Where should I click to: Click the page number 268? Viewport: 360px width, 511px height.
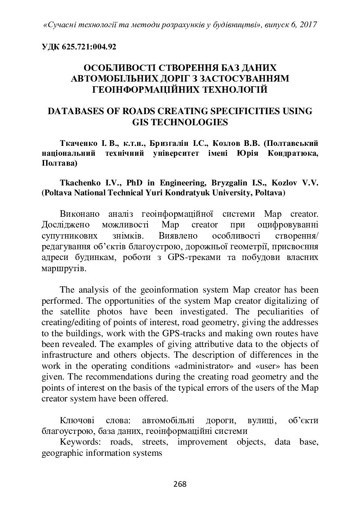point(180,484)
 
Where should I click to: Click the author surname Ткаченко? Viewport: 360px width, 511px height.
point(78,143)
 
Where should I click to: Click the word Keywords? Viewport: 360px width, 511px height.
point(81,442)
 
